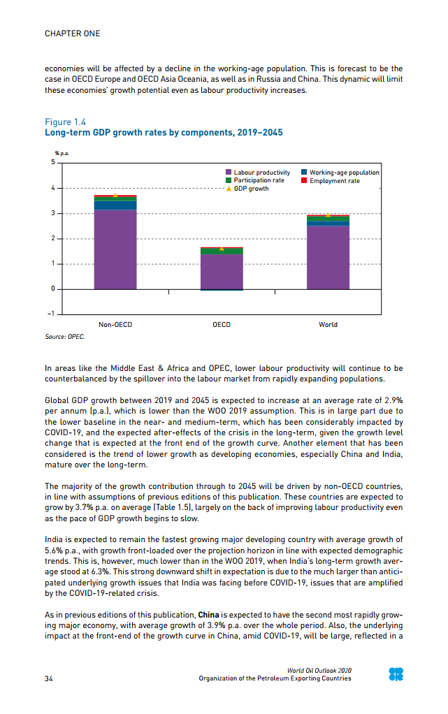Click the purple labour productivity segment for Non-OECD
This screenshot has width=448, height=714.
coord(115,249)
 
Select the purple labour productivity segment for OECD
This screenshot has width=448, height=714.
coord(222,271)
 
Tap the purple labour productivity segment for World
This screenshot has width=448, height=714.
coord(328,256)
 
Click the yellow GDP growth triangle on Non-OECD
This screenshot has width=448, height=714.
coord(115,196)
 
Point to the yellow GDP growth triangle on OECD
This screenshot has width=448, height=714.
coord(222,249)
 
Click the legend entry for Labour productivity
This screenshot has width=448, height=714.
coord(257,173)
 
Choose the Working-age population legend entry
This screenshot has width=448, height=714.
coord(340,173)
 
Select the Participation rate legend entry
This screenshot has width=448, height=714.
coord(254,180)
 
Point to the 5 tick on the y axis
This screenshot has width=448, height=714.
coord(52,163)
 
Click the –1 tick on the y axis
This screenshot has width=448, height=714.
coord(51,314)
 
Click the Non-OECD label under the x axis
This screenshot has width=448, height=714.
coord(115,325)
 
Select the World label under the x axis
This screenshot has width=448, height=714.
coord(328,325)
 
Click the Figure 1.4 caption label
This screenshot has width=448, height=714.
coord(65,122)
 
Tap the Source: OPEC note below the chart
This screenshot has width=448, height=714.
coord(65,337)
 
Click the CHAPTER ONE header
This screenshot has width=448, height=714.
coord(72,34)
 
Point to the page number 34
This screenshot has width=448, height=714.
coord(49,678)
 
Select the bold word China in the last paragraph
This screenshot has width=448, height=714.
coord(209,615)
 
